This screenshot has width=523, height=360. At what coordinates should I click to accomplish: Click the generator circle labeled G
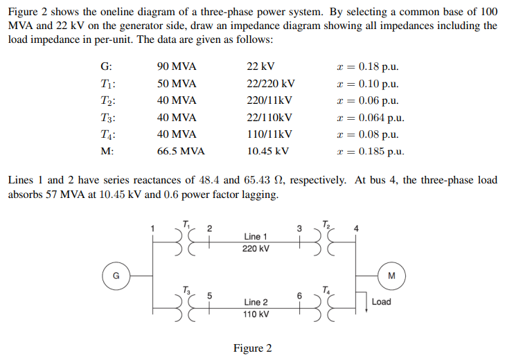point(116,274)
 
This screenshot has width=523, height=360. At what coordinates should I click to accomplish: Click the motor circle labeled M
point(391,274)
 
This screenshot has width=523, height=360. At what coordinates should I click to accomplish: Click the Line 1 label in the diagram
point(256,237)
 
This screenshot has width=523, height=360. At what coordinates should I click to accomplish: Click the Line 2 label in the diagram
point(256,302)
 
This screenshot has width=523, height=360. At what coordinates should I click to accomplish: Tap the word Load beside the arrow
point(381,302)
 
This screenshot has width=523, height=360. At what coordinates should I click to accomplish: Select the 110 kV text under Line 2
point(256,314)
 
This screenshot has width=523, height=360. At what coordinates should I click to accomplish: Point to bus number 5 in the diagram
point(210,295)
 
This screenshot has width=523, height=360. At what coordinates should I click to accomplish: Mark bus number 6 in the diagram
point(299,295)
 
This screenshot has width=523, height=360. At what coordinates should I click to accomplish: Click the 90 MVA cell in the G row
point(177,67)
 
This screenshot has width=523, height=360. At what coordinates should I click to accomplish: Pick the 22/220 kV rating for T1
point(270,84)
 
